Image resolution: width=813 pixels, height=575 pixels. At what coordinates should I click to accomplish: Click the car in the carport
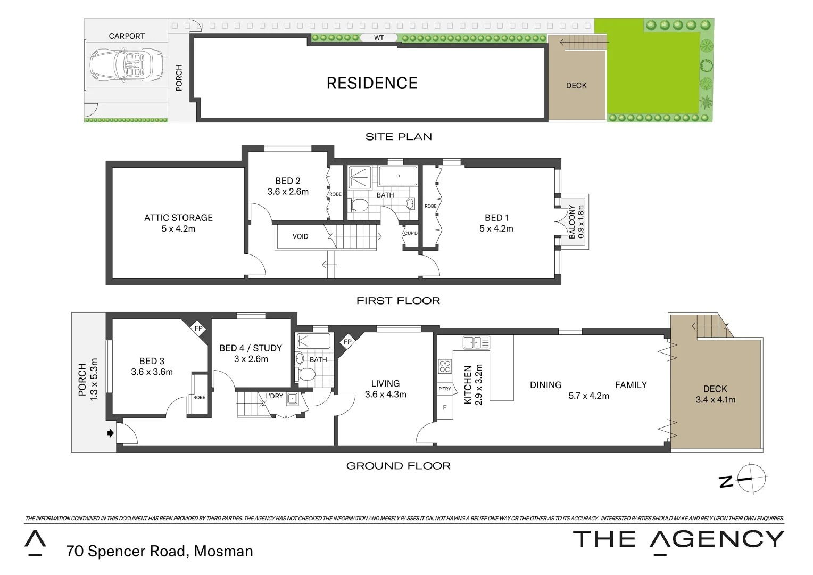point(127,65)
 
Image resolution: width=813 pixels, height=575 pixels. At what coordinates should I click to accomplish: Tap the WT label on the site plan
point(378,38)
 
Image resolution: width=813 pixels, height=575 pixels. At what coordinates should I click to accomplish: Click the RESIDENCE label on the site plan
point(372,83)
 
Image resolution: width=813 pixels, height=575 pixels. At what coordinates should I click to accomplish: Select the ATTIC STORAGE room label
point(178,218)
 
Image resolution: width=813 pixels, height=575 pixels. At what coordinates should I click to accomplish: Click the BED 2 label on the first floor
point(288,181)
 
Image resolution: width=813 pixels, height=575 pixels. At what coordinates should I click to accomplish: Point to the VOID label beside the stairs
point(300,236)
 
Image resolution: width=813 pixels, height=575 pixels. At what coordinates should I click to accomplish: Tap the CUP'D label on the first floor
point(411,233)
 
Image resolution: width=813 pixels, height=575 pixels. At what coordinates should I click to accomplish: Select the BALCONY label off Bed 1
point(572,221)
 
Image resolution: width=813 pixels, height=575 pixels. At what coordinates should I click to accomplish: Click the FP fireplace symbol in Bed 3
point(198,328)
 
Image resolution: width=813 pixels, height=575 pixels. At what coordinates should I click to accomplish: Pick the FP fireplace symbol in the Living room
point(347,342)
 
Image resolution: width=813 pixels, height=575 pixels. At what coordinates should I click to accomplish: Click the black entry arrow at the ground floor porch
point(110,433)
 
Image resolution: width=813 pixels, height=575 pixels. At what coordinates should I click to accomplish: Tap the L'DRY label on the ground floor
point(274,396)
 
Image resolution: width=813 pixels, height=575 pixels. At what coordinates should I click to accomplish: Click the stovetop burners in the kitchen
point(445,366)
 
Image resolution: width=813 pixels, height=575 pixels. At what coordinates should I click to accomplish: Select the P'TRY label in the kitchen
point(445,389)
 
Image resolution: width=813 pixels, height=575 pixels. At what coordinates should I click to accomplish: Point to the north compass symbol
point(750,479)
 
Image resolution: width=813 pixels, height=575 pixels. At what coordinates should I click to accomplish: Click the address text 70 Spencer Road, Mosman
point(160,551)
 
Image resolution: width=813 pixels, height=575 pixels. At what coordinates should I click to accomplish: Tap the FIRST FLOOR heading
point(398,301)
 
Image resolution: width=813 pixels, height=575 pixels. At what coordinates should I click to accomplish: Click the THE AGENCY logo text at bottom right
point(678,539)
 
